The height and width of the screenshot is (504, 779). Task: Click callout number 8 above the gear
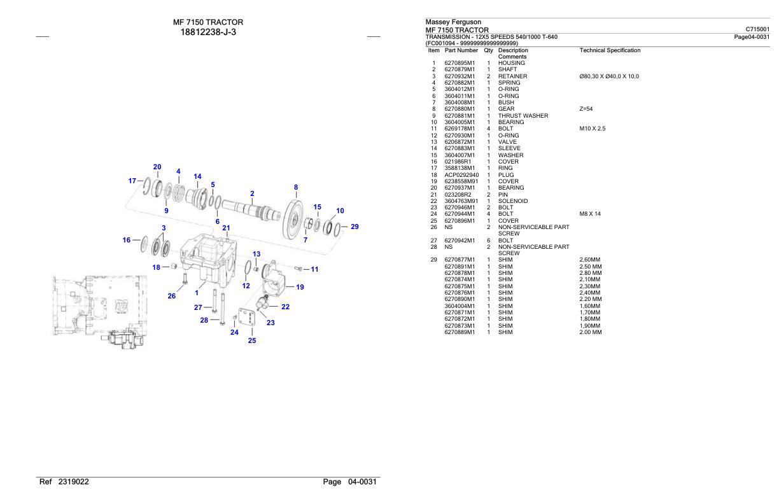(295, 187)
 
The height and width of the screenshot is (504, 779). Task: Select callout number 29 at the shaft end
(354, 227)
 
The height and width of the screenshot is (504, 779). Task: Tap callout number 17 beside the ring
(132, 181)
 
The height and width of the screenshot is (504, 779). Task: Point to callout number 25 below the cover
(251, 340)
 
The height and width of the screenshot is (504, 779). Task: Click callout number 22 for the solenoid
(285, 307)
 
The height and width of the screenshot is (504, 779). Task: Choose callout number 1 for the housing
(197, 293)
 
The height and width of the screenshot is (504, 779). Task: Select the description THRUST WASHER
(523, 116)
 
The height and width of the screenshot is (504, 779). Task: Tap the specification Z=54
(586, 109)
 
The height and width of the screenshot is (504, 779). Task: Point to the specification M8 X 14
(590, 214)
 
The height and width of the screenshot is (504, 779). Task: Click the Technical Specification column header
(610, 50)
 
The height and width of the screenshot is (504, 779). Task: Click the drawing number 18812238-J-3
(208, 32)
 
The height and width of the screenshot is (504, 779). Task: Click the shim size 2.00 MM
(591, 332)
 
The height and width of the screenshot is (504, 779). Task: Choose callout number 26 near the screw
(172, 295)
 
